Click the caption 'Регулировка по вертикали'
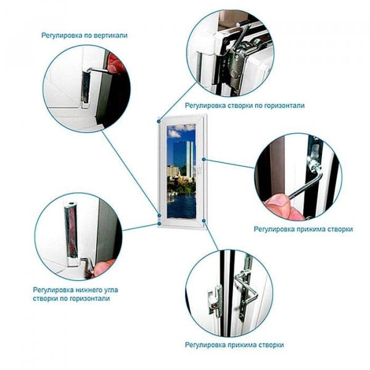pos(84,35)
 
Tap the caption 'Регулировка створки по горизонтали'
pos(245,105)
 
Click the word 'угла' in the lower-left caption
pos(111,290)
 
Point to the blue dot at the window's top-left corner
pos(159,121)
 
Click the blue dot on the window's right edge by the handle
pos(204,160)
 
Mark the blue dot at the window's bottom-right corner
pos(204,221)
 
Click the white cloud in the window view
pos(174,134)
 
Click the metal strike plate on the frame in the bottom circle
pos(215,300)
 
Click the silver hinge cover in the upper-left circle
pos(86,88)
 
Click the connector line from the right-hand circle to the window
pos(229,164)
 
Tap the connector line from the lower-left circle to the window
pos(141,227)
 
